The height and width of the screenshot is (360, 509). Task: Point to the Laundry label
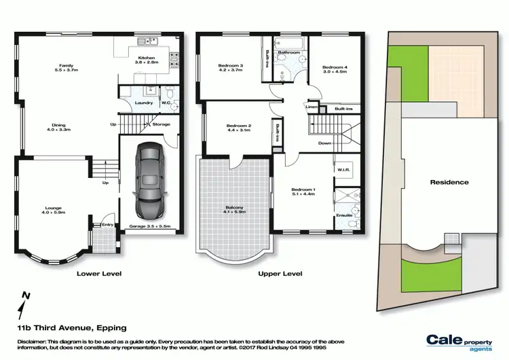tap(143, 103)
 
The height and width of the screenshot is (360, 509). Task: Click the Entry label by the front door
tap(107, 225)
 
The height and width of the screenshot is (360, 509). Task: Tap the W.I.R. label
tap(343, 169)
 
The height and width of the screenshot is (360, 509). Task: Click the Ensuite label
tap(344, 215)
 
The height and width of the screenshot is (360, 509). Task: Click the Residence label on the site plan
tap(449, 182)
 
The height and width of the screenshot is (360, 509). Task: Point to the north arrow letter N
tap(26, 294)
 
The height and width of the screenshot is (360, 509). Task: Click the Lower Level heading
tap(98, 274)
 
